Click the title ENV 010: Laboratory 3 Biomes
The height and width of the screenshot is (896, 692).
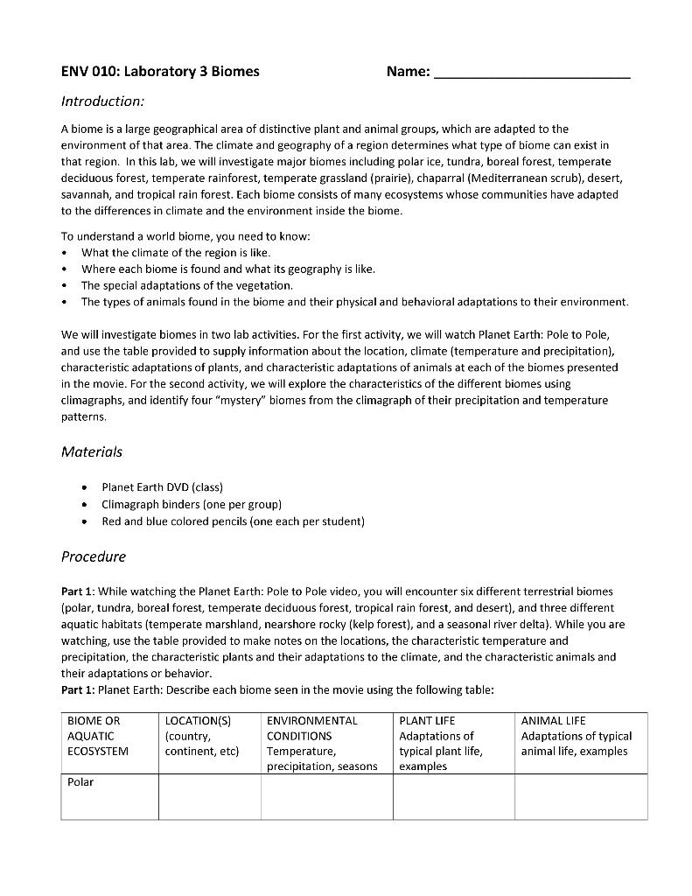160,71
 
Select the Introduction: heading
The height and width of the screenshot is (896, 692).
102,101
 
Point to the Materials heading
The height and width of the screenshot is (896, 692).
92,451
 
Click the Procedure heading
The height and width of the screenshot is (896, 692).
94,556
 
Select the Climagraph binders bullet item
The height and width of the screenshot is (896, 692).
192,504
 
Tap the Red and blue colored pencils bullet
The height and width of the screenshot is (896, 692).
233,521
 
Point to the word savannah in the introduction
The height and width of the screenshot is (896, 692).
86,194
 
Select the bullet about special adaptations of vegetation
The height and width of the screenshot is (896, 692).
187,285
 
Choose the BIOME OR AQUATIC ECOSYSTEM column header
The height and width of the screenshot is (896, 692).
98,736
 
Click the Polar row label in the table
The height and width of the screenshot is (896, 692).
80,782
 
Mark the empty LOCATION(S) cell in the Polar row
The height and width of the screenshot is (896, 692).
210,796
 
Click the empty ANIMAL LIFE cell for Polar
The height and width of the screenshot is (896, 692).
581,796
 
